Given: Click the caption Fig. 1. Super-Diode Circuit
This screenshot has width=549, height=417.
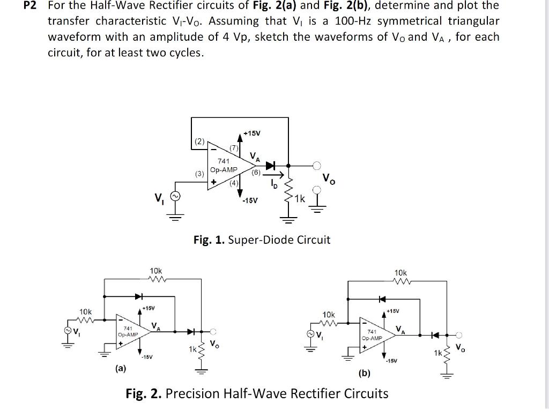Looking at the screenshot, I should point(262,240).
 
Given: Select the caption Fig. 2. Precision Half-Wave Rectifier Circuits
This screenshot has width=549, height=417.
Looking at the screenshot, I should point(257,394).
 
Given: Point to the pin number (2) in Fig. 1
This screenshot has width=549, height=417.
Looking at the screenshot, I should point(199,142).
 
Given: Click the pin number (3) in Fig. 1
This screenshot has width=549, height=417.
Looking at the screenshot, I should point(199,174).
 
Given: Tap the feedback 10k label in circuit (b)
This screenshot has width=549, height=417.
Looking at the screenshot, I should point(400,272).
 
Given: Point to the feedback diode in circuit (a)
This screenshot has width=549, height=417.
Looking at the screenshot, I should point(139,295).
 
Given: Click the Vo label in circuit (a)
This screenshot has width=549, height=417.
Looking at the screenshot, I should point(214,344).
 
